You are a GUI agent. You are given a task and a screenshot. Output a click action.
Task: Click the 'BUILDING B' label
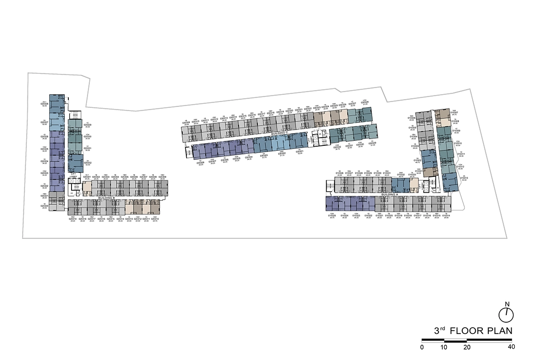point(107,198)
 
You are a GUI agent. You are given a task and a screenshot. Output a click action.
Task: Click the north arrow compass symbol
point(507,312)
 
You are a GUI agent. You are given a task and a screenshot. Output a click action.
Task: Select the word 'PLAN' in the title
point(495,331)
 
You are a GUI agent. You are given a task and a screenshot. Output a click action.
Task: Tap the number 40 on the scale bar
point(511,347)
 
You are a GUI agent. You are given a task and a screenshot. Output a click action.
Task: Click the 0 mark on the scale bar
point(422,347)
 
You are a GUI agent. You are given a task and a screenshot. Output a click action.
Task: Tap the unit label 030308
point(200,162)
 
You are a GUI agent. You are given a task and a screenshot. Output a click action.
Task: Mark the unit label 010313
point(464,178)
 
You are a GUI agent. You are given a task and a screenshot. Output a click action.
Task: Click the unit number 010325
point(333,216)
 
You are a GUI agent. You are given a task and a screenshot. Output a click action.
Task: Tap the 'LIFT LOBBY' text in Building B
point(73,175)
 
